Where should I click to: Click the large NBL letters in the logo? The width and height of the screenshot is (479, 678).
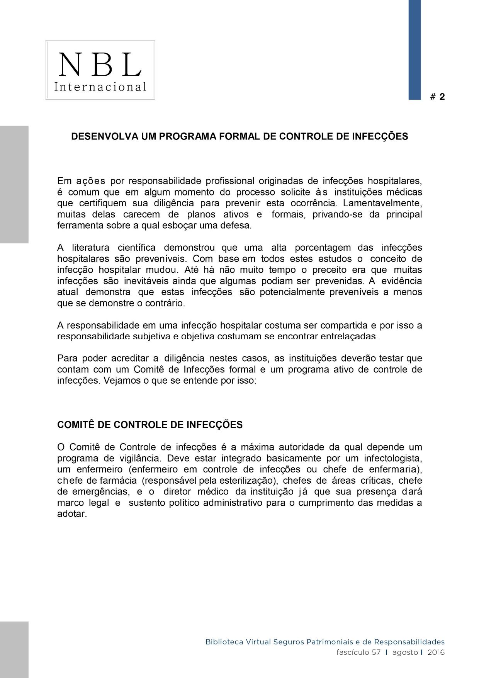100,65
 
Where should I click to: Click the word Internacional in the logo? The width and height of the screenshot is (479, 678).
100,87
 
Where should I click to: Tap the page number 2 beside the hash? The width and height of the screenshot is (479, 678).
442,97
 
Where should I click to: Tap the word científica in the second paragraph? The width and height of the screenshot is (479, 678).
136,248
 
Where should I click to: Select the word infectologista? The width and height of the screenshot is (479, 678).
392,459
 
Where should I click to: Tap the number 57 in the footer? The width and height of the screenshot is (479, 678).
376,653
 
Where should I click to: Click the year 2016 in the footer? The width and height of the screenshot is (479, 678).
436,653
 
